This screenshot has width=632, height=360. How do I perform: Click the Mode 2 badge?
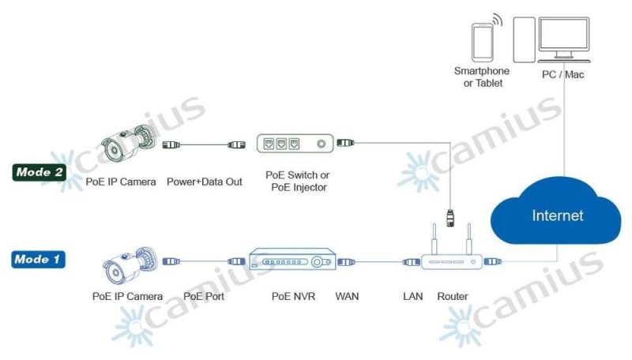coord(39,172)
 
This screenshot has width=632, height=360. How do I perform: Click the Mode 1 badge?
coord(38,259)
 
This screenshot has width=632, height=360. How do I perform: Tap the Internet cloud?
coord(556,212)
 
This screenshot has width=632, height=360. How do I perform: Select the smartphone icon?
coord(483,42)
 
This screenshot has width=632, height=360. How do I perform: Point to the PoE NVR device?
coord(292,259)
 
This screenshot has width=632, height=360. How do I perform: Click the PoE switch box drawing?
coord(295,144)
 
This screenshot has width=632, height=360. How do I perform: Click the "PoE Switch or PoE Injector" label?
coord(298,182)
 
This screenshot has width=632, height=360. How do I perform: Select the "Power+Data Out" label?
coord(205,182)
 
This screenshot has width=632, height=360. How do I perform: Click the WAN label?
coord(347,296)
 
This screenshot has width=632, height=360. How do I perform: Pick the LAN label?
coord(412,296)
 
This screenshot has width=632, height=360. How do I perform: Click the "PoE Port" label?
coord(204,296)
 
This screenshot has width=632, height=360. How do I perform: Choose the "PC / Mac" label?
coord(562,74)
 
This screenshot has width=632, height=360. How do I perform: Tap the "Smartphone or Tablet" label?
coord(482,77)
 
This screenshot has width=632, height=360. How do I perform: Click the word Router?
coord(452,296)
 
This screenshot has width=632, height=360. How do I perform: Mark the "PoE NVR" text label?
coord(293,296)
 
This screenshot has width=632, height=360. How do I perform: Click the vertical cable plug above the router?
coord(450,217)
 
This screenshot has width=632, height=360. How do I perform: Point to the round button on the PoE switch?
coord(322,144)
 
